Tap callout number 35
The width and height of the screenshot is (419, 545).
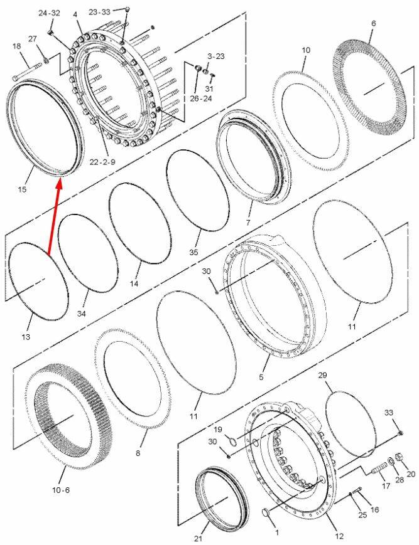click(x=193, y=252)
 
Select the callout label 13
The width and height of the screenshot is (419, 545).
click(x=26, y=337)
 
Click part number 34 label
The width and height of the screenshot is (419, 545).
click(x=81, y=314)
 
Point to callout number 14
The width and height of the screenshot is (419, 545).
click(x=134, y=284)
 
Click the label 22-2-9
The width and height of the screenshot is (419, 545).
click(x=102, y=162)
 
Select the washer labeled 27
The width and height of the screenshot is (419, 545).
click(x=46, y=61)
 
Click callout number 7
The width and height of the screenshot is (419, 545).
click(x=248, y=223)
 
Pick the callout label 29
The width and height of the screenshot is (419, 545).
click(x=323, y=376)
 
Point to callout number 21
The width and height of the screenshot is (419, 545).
click(x=198, y=538)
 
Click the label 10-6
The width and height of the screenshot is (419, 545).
click(x=61, y=490)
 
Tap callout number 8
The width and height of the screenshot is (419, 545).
click(x=138, y=453)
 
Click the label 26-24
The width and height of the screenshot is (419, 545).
click(x=201, y=98)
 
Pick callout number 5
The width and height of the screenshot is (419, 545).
click(x=261, y=377)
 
